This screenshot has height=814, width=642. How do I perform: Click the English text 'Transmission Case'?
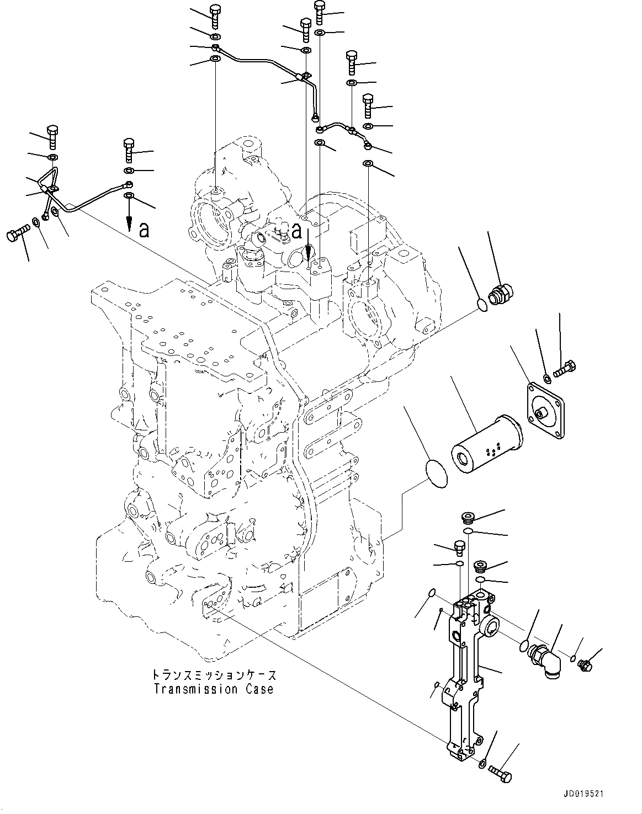pyautogui.click(x=214, y=689)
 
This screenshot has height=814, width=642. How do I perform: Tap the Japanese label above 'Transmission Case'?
pyautogui.click(x=214, y=675)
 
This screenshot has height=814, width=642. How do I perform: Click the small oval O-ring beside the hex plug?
pyautogui.click(x=481, y=305)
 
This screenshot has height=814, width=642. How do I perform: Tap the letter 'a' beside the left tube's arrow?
pyautogui.click(x=144, y=230)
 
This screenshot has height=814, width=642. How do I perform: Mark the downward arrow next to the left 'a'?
pyautogui.click(x=129, y=219)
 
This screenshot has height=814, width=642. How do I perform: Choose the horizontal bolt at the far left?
pyautogui.click(x=18, y=235)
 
